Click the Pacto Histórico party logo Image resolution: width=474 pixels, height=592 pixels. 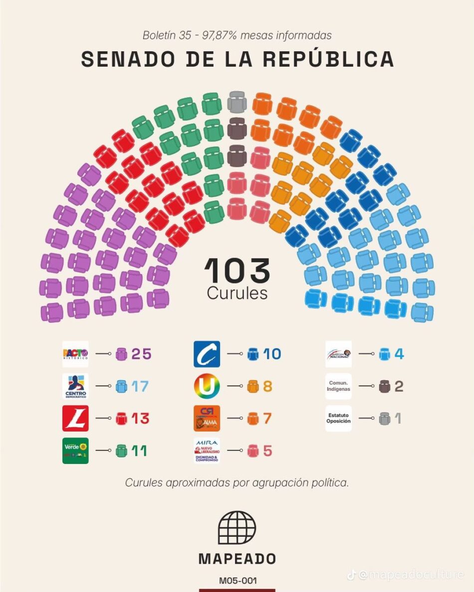point(75,354)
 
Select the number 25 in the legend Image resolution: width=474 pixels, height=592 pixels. point(141,354)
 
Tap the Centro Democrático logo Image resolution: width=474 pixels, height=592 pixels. point(75,386)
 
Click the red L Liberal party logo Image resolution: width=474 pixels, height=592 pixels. point(75,419)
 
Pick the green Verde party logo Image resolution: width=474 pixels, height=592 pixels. point(75,450)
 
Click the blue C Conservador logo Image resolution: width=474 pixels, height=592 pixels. point(207,354)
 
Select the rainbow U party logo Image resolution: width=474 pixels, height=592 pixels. point(207,386)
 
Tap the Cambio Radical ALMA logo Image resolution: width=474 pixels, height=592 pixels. point(207,419)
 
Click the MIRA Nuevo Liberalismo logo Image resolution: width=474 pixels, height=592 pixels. point(207,450)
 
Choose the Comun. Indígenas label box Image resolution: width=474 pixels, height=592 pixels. point(338,386)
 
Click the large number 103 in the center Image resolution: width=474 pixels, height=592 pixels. point(237,271)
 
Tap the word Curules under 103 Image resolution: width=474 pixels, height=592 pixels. point(237,294)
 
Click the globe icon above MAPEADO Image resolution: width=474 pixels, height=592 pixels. point(237,528)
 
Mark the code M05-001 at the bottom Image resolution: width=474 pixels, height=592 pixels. point(237,581)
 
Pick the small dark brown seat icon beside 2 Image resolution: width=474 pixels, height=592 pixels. point(384,386)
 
